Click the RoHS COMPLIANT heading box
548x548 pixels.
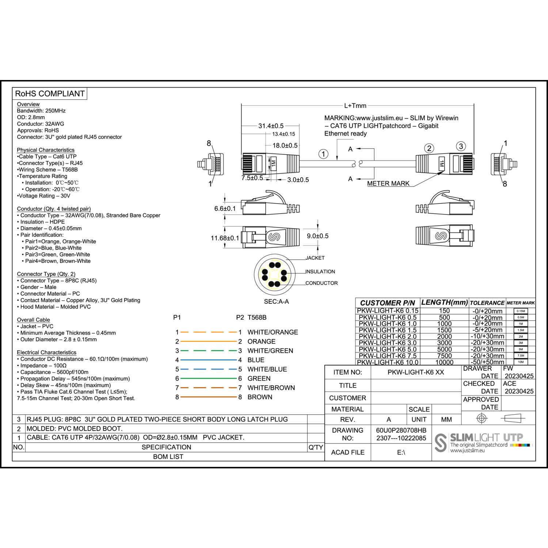pyautogui.click(x=50, y=94)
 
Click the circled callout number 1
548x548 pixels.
pyautogui.click(x=323, y=154)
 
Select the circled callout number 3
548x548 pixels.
pyautogui.click(x=461, y=146)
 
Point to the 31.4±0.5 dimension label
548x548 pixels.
pyautogui.click(x=271, y=126)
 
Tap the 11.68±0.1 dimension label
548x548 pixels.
pyautogui.click(x=225, y=238)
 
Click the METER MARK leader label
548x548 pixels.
pyautogui.click(x=388, y=183)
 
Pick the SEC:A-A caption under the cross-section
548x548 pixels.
pyautogui.click(x=276, y=301)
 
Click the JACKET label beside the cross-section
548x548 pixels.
pyautogui.click(x=315, y=258)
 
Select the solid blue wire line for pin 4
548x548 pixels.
pyautogui.click(x=209, y=360)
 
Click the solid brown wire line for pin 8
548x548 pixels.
pyautogui.click(x=209, y=397)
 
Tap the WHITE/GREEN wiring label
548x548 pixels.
pyautogui.click(x=270, y=351)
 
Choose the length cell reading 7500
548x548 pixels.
pyautogui.click(x=444, y=356)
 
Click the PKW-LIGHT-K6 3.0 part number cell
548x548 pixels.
pyautogui.click(x=387, y=343)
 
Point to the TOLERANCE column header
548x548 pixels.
pyautogui.click(x=487, y=303)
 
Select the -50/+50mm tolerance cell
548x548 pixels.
pyautogui.click(x=487, y=362)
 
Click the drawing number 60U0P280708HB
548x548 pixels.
pyautogui.click(x=401, y=430)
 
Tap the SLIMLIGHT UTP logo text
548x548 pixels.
pyautogui.click(x=486, y=438)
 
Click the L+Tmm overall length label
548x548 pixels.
pyautogui.click(x=355, y=106)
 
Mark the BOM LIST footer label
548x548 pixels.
pyautogui.click(x=168, y=457)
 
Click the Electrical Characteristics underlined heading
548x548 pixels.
pyautogui.click(x=46, y=353)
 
